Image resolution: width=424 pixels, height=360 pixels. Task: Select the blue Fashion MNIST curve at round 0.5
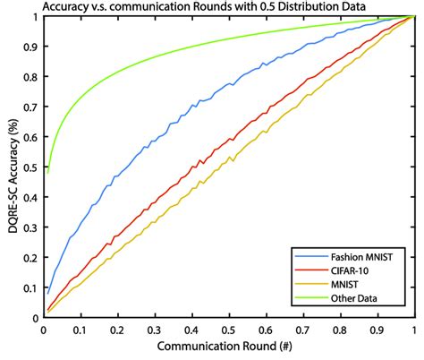[x=229, y=87]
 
